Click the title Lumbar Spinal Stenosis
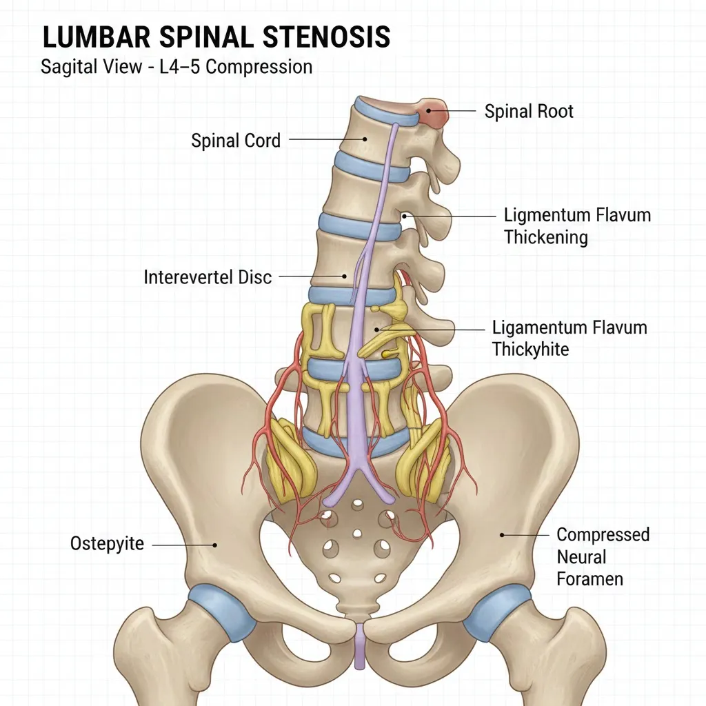(216, 37)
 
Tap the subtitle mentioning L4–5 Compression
(176, 67)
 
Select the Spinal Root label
(529, 112)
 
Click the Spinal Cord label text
(236, 141)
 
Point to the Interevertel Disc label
(208, 277)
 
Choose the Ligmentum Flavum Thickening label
(577, 226)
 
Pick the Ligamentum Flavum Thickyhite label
(569, 338)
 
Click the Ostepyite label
(107, 544)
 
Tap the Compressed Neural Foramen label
(603, 556)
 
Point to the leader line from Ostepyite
(183, 545)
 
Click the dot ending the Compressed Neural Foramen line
(503, 534)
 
